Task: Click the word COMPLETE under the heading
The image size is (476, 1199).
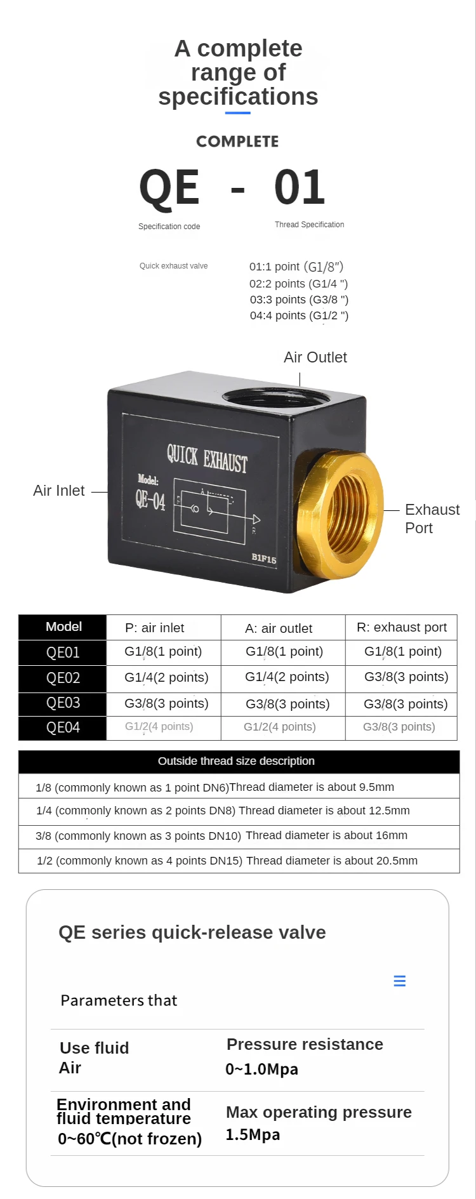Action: (237, 142)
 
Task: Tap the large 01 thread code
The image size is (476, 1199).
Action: (300, 188)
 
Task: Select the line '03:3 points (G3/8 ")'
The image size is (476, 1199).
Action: (299, 300)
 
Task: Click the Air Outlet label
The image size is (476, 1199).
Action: (315, 357)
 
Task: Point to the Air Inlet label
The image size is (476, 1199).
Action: (58, 491)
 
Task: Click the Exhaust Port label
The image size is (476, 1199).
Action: (432, 519)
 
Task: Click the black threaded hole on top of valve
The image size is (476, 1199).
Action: (275, 399)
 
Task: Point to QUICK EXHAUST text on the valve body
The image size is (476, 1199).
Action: (207, 458)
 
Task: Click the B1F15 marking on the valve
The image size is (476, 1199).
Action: (263, 559)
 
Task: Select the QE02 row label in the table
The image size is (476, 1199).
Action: (63, 678)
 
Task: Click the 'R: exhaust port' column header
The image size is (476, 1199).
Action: (401, 627)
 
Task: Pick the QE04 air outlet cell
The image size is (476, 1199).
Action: (280, 727)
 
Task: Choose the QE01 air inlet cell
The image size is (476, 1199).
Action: (163, 651)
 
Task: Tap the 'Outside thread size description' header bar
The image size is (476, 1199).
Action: (238, 761)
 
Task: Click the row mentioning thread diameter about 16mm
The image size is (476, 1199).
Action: (222, 836)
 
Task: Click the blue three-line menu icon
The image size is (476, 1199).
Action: (400, 981)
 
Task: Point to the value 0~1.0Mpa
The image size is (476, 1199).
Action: (261, 1070)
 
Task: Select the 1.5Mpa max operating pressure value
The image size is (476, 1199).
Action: (253, 1135)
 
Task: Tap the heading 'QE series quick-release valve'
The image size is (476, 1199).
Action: (192, 932)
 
